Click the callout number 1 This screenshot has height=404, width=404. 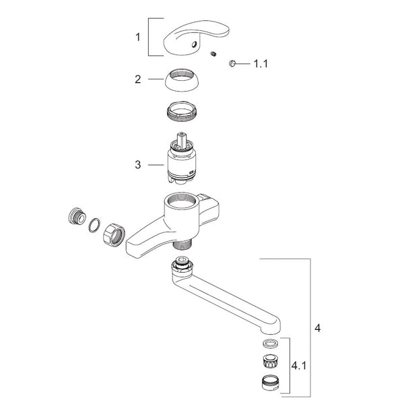pyautogui.click(x=138, y=37)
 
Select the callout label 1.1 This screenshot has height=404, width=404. pyautogui.click(x=261, y=64)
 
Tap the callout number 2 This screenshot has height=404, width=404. pyautogui.click(x=138, y=79)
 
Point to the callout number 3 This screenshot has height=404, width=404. pyautogui.click(x=138, y=165)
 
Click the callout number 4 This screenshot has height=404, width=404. pyautogui.click(x=318, y=328)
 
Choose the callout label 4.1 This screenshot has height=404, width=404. pyautogui.click(x=299, y=366)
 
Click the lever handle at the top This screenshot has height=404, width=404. pyautogui.click(x=197, y=37)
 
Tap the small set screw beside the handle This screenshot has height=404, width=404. pyautogui.click(x=213, y=54)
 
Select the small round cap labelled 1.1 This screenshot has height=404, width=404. pyautogui.click(x=232, y=63)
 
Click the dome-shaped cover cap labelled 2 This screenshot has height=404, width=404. pyautogui.click(x=182, y=80)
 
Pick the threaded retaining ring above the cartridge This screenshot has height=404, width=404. pyautogui.click(x=182, y=111)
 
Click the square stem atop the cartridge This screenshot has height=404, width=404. pyautogui.click(x=182, y=139)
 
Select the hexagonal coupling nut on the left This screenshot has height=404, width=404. pyautogui.click(x=114, y=235)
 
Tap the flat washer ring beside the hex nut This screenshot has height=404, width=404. pyautogui.click(x=94, y=225)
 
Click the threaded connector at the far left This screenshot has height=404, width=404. pyautogui.click(x=77, y=215)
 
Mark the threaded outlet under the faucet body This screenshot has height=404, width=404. pyautogui.click(x=181, y=244)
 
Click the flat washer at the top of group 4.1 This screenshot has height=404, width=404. pyautogui.click(x=270, y=343)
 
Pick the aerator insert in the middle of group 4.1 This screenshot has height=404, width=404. pyautogui.click(x=270, y=361)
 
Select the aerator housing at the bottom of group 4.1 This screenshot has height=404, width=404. pyautogui.click(x=270, y=382)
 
